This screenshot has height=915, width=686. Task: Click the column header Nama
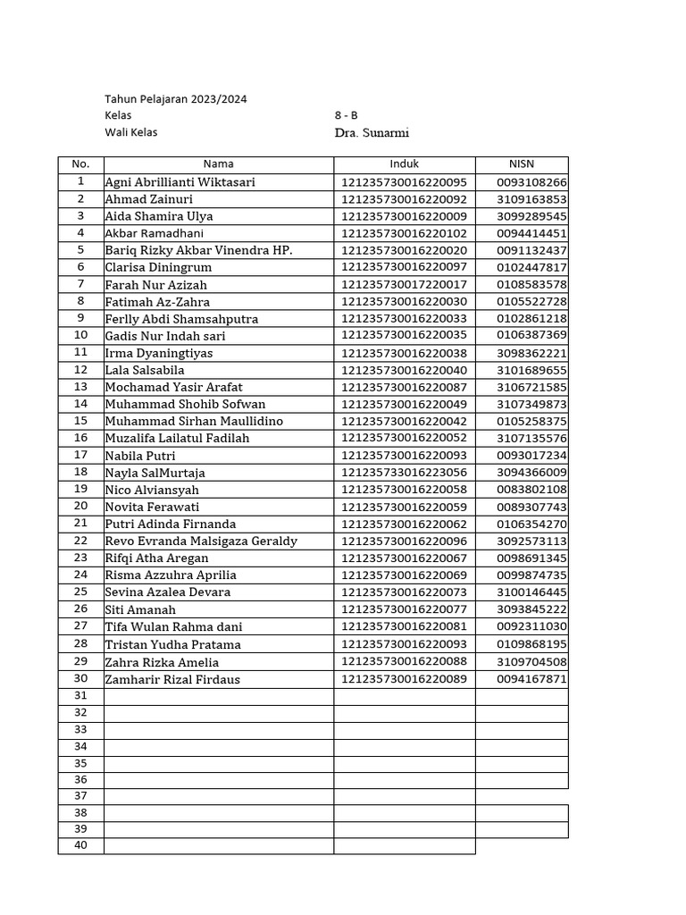pyautogui.click(x=219, y=164)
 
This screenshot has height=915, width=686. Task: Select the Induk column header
pyautogui.click(x=404, y=164)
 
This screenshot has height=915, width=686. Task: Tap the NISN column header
pyautogui.click(x=521, y=164)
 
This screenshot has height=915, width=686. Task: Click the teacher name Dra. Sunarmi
pyautogui.click(x=372, y=133)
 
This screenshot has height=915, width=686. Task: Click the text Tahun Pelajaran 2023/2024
pyautogui.click(x=175, y=99)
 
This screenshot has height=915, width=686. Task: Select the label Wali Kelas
pyautogui.click(x=131, y=132)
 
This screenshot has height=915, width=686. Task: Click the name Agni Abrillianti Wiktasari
pyautogui.click(x=180, y=182)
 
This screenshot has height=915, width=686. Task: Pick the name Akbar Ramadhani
pyautogui.click(x=155, y=233)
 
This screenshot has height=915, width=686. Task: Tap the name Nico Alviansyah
pyautogui.click(x=152, y=490)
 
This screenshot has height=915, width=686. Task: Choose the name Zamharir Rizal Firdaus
pyautogui.click(x=172, y=679)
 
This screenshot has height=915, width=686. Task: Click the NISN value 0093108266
pyautogui.click(x=532, y=182)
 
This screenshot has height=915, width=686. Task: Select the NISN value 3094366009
pyautogui.click(x=532, y=472)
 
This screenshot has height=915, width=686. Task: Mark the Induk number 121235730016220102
pyautogui.click(x=404, y=233)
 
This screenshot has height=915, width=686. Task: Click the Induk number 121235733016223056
pyautogui.click(x=404, y=472)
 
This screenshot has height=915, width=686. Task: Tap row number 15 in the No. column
pyautogui.click(x=80, y=421)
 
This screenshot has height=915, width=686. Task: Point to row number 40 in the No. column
pyautogui.click(x=80, y=845)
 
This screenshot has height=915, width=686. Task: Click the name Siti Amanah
pyautogui.click(x=140, y=609)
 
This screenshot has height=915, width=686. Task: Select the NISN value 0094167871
pyautogui.click(x=532, y=679)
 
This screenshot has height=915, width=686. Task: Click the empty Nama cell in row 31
pyautogui.click(x=219, y=696)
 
